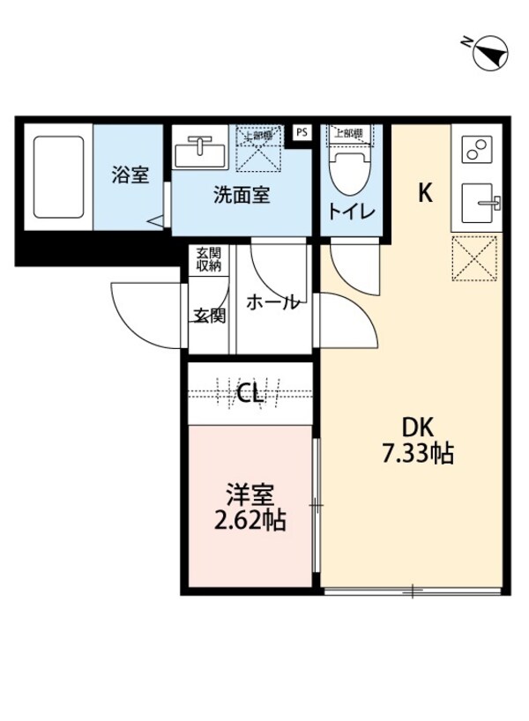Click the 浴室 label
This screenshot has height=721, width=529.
[130, 175]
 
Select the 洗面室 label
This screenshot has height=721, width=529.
[241, 195]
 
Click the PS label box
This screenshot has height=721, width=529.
[302, 133]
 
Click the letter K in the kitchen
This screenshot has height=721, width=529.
[425, 194]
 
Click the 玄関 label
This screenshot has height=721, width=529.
[209, 315]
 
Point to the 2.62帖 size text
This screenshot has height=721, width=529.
[250, 519]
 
